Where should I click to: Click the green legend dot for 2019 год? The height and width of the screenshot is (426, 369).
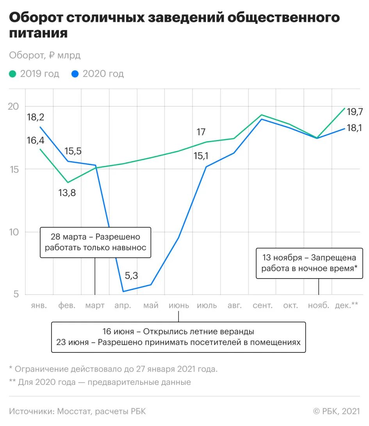coord(13,74)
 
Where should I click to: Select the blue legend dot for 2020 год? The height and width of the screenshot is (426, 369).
coord(75,74)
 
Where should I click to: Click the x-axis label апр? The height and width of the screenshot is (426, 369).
coord(123,306)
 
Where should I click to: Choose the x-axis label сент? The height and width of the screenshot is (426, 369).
coord(262,306)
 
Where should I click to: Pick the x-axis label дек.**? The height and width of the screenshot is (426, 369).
coord(346,306)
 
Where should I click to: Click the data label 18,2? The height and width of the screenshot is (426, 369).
coord(36,117)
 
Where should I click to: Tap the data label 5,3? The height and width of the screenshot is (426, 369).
coord(131,275)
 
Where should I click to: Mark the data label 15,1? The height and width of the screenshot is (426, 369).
coord(201,156)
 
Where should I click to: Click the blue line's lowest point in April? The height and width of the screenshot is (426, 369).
coord(123,291)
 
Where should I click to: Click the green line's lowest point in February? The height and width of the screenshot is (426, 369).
coord(68,182)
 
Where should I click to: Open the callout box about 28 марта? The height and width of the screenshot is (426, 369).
coord(95,242)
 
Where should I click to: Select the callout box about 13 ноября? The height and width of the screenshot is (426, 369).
coord(309,263)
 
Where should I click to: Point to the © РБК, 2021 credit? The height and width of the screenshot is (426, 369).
coord(336,411)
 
